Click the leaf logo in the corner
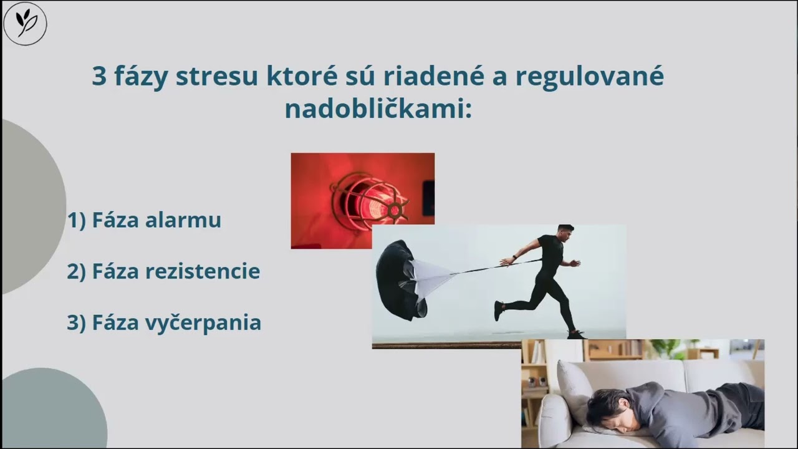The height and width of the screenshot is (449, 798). [25, 24]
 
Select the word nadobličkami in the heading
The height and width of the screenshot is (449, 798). [377, 109]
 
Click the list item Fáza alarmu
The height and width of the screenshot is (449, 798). [145, 220]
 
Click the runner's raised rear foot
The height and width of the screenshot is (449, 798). [499, 310]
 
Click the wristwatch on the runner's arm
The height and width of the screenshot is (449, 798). [514, 257]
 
